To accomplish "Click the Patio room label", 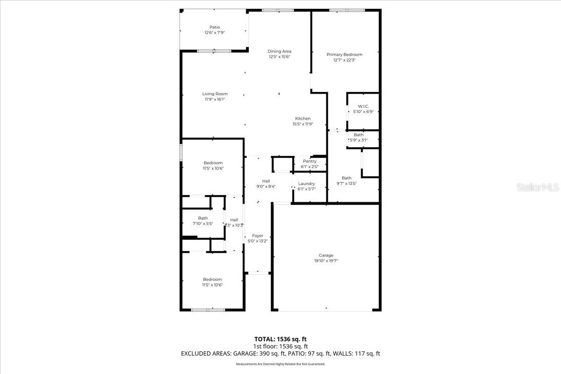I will coord(215,27).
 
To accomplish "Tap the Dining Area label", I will coord(280,51).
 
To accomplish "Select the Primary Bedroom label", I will coord(344,55).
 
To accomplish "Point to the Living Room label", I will coord(215,94).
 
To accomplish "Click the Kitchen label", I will coord(302,119).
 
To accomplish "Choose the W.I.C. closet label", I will coord(363,107).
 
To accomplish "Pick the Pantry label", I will coord(309,161).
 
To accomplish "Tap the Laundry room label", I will coord(307,184).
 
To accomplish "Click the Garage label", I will coord(326,255).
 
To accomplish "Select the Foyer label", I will coord(258,236).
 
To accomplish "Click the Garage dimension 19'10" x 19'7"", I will coord(326,261).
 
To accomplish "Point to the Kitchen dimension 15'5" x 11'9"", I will coord(302,124).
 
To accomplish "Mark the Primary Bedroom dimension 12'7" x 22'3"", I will coord(344,60).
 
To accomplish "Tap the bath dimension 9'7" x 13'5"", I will coord(346,183).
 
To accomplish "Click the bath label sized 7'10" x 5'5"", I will coord(203,218).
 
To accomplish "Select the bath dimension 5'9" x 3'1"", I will coord(359,140).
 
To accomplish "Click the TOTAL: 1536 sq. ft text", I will coord(280,339).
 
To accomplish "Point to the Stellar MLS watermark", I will coord(538,187).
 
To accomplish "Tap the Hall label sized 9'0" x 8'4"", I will coord(266,181).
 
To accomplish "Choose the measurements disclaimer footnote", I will coord(280,364).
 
